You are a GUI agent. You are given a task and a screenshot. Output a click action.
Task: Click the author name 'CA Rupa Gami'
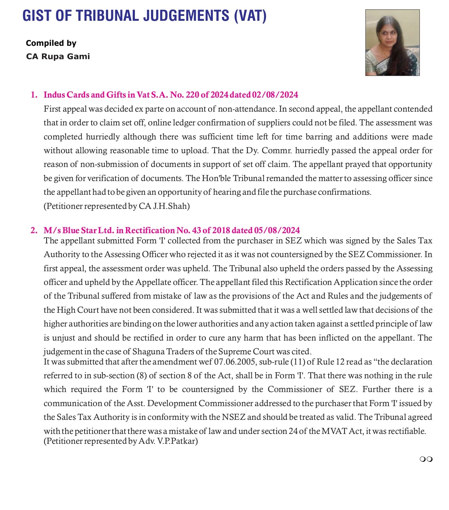(58, 56)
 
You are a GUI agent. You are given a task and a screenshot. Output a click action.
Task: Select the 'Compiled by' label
(51, 43)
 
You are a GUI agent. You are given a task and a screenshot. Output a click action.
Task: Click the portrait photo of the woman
(392, 43)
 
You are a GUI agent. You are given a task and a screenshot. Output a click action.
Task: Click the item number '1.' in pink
(34, 95)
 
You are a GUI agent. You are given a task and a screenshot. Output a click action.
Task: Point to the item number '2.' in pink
(34, 230)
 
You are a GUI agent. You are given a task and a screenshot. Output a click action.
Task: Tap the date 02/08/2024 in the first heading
(275, 95)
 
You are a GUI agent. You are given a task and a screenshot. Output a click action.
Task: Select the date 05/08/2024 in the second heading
(277, 230)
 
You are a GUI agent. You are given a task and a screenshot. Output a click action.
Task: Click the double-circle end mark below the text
(426, 459)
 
